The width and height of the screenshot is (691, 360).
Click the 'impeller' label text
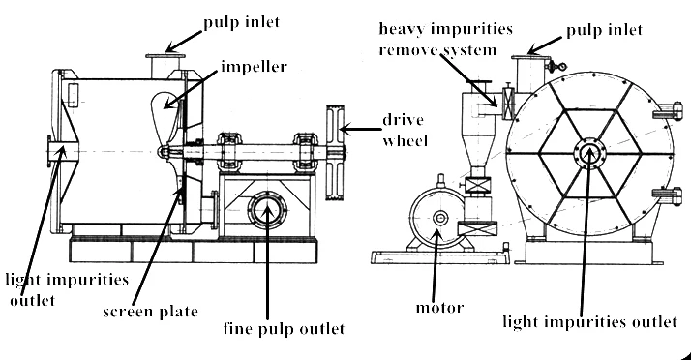tap(246, 71)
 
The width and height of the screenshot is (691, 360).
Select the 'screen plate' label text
tap(151, 312)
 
